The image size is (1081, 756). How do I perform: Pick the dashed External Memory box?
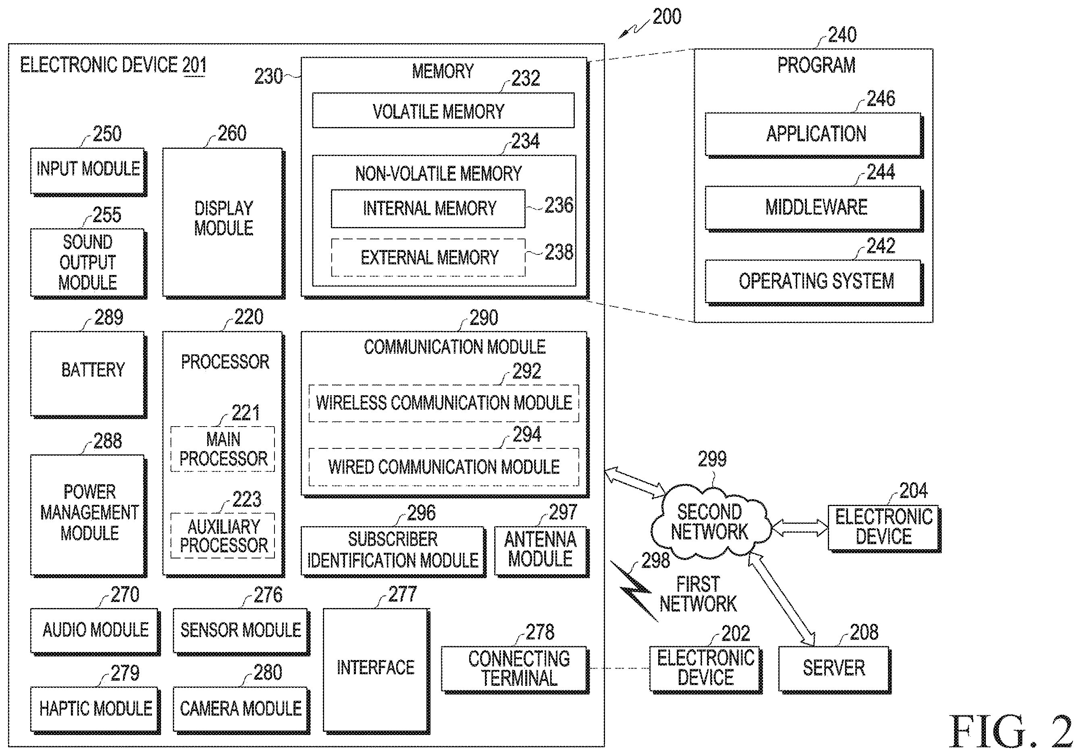point(428,257)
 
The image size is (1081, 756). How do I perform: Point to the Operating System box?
point(814,282)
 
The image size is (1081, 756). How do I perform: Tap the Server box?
point(835,669)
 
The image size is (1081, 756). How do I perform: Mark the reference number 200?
point(667,17)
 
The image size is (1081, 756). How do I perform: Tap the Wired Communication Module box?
point(443,467)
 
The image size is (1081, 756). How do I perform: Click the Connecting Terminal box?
point(515,669)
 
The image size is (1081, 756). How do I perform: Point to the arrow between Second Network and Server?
point(782,598)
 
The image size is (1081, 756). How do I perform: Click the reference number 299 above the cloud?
point(712,459)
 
